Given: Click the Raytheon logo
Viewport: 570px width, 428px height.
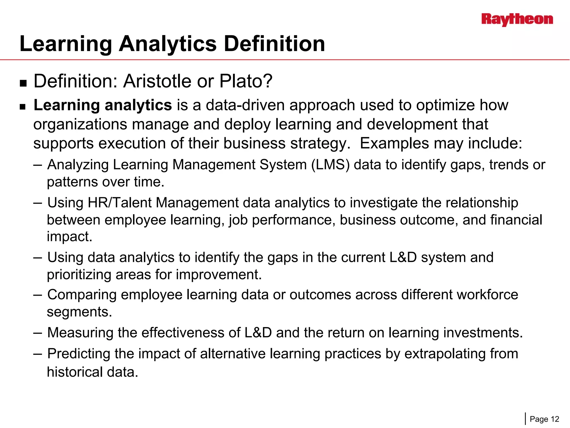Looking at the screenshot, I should (517, 20).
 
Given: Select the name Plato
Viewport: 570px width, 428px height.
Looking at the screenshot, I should (246, 81).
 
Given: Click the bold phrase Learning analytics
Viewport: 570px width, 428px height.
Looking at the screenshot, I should (102, 105).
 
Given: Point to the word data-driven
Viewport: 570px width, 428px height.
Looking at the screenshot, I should (245, 105).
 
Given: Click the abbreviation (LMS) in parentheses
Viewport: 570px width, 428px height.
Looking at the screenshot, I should (330, 165).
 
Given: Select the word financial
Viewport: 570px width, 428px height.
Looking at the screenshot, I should (516, 220).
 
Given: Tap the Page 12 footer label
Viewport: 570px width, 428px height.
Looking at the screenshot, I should (544, 419).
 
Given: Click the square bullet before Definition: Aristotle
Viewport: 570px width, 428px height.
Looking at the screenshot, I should (23, 83).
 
